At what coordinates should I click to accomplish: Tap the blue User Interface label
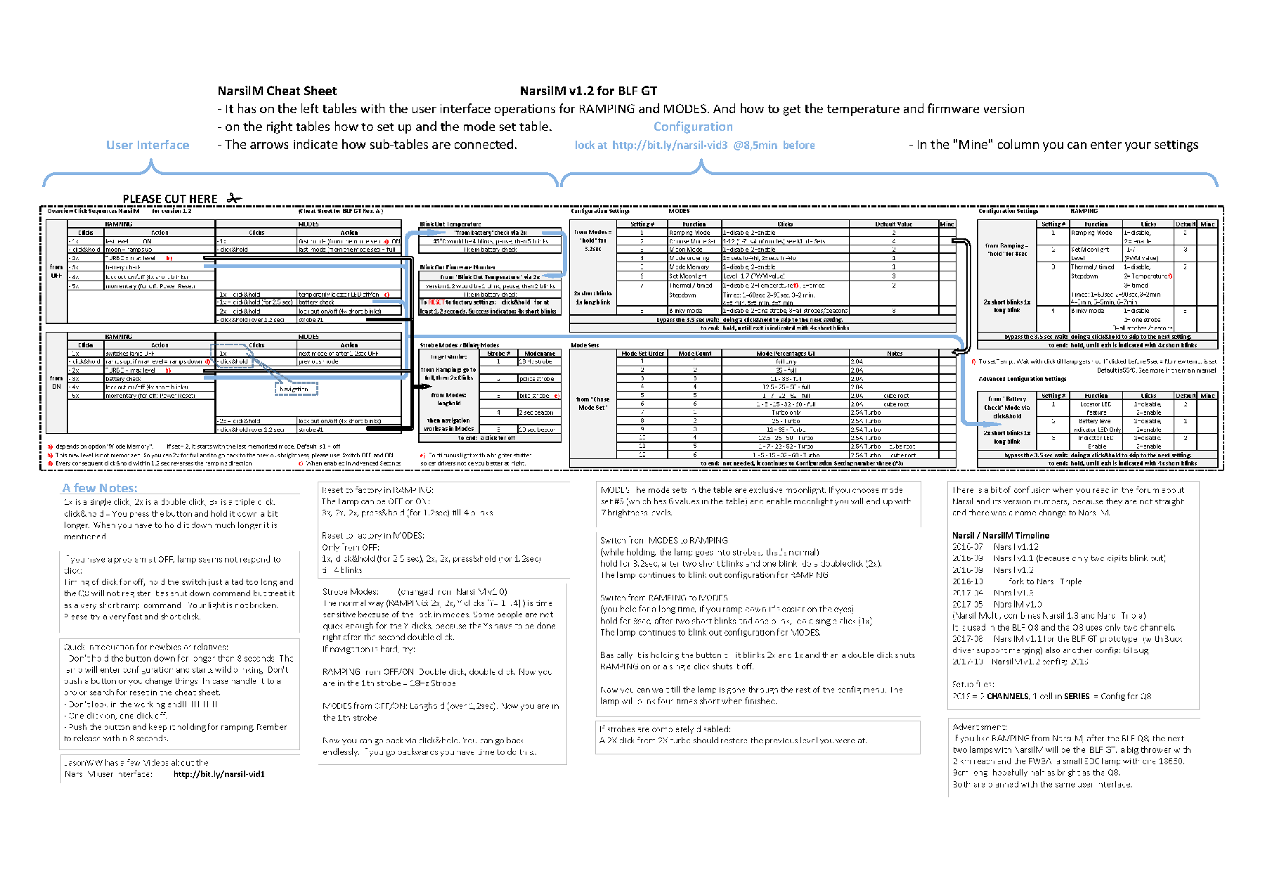(x=148, y=145)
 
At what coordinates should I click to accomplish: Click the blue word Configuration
(x=693, y=127)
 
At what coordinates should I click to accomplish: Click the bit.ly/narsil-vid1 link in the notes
(x=219, y=774)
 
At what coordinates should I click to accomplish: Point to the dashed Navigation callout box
(x=295, y=388)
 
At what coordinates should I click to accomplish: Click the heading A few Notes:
(x=100, y=488)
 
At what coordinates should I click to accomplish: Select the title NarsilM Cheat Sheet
(x=277, y=91)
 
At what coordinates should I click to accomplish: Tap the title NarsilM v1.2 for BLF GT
(x=588, y=91)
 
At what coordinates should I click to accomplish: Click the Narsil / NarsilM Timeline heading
(x=1000, y=535)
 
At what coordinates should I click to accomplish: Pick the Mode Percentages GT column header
(x=785, y=354)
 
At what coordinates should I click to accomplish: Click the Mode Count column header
(x=694, y=354)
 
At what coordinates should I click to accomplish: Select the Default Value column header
(x=894, y=224)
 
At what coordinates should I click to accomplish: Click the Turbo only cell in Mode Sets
(x=785, y=413)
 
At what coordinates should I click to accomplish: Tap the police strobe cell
(x=537, y=379)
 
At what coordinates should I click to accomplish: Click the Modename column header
(x=539, y=354)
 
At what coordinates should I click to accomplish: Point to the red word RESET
(x=436, y=302)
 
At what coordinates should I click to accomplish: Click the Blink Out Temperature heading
(x=450, y=224)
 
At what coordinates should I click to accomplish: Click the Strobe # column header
(x=498, y=354)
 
